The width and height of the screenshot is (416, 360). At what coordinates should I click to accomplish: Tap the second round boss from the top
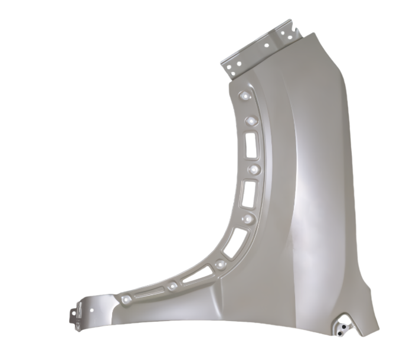point(250,121)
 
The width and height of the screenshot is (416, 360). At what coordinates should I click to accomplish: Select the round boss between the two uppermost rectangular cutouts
point(255,169)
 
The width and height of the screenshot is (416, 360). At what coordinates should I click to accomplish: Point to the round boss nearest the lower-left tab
point(126,299)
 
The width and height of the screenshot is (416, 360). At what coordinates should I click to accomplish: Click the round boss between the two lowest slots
point(172,286)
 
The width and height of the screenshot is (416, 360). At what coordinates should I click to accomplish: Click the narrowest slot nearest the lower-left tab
point(146,293)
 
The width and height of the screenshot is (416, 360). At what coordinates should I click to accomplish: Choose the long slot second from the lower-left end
point(197,274)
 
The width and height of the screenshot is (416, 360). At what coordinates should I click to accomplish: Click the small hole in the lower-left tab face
point(93,307)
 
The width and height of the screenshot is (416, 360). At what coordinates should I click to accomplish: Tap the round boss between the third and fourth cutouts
point(247,219)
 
